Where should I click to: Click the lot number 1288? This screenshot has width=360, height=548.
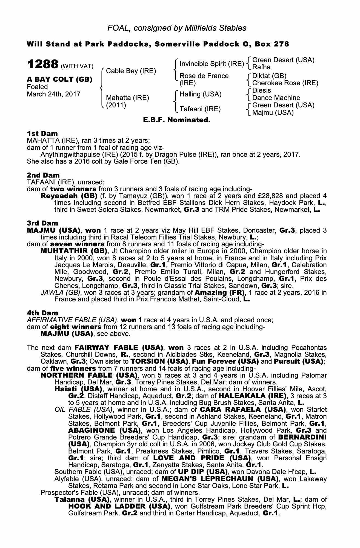point(42,65)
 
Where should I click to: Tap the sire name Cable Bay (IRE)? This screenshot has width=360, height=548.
point(131,71)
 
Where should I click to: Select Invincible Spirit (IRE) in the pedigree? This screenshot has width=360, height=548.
point(212,64)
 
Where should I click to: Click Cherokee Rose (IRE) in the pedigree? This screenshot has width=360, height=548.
point(285,83)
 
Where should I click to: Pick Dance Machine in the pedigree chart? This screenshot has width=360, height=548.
point(276,98)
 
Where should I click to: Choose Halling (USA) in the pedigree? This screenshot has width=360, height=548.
point(200,94)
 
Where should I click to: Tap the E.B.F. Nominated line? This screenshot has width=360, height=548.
point(177,120)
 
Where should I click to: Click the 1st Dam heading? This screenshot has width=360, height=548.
point(42,133)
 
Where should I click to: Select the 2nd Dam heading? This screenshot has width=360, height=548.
point(43,175)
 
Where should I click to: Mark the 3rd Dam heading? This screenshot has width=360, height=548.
point(42,223)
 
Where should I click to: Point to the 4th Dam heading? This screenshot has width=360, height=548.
point(42,313)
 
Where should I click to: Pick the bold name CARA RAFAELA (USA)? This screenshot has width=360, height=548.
point(241,410)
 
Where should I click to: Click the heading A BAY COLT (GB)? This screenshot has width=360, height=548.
point(59,79)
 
